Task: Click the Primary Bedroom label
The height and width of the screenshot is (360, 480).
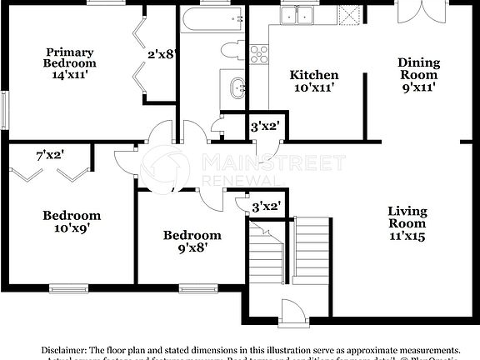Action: tap(71, 62)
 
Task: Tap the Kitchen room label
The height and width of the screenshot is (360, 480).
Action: tap(314, 81)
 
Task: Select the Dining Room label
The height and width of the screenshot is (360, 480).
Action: tap(418, 74)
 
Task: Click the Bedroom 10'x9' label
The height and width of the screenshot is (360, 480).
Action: tap(72, 222)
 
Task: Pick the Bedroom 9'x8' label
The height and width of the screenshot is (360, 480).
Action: tap(192, 241)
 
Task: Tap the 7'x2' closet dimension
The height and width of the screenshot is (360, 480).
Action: tap(50, 154)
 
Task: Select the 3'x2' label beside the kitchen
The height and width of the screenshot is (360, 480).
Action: tap(265, 127)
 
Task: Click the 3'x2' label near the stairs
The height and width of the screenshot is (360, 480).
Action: tap(266, 206)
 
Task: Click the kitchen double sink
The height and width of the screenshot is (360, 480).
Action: tap(297, 14)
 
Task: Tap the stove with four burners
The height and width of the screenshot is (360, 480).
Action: tap(259, 54)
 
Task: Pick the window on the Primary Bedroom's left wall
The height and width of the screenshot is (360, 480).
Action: tap(4, 108)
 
